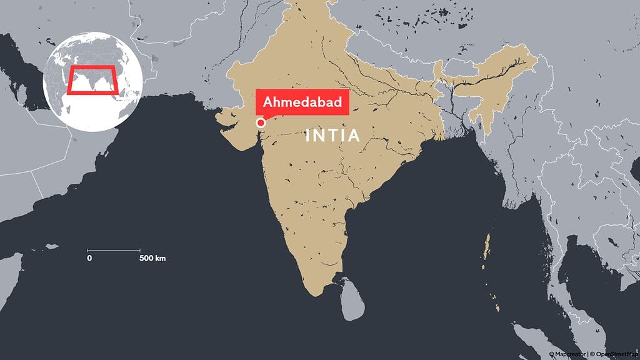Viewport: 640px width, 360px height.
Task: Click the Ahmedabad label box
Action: tap(302, 102)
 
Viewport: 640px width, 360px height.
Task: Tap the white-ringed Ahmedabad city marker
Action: tap(261, 123)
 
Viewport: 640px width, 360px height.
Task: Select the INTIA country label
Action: tap(332, 136)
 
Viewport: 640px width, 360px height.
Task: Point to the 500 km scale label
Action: tap(152, 258)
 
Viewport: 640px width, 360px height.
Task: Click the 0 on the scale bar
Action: tap(89, 258)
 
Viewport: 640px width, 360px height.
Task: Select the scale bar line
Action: tap(113, 251)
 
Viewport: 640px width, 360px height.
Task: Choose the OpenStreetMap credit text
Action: tap(615, 354)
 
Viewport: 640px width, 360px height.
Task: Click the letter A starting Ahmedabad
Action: tap(267, 102)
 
